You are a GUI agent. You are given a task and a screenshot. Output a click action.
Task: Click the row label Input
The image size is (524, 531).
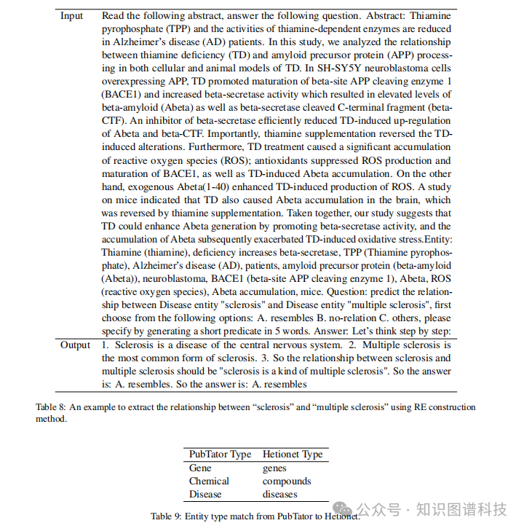point(71,16)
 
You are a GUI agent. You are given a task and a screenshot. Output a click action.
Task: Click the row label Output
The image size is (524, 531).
point(75,345)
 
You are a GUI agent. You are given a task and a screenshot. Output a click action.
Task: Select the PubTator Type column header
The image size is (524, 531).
point(220,454)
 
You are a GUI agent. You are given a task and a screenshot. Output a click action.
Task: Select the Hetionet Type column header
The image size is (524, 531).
point(293,454)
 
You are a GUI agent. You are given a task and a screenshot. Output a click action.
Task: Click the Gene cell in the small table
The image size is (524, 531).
point(200,468)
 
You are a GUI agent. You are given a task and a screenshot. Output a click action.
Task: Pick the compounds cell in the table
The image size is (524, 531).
point(287,481)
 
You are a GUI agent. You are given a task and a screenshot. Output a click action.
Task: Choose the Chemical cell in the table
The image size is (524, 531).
point(209,481)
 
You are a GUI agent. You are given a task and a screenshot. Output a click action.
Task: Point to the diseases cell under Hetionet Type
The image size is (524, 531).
point(280,494)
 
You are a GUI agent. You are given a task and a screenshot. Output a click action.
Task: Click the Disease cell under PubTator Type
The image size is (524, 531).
point(205,494)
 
